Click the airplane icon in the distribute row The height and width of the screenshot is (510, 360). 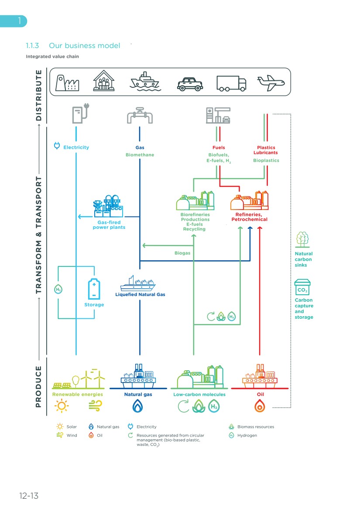coord(271,83)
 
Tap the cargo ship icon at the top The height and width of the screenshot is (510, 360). coord(146,82)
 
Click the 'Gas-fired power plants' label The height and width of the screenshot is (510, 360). coord(109,225)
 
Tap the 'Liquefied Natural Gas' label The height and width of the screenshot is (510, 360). coord(140,294)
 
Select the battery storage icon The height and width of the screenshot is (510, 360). coord(94,289)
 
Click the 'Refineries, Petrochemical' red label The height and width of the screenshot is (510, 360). coord(249,217)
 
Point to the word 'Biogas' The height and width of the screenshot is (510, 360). coord(182,253)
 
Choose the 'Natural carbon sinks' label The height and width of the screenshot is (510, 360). coord(303,259)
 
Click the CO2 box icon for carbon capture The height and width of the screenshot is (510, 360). coord(302,288)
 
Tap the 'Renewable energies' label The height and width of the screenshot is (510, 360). coord(78,394)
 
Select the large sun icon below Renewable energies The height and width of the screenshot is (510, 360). coord(61,407)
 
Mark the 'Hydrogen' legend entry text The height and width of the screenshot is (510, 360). coord(247,435)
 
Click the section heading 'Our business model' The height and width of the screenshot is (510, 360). coord(84,45)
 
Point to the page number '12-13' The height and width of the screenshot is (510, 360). coord(29,496)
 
